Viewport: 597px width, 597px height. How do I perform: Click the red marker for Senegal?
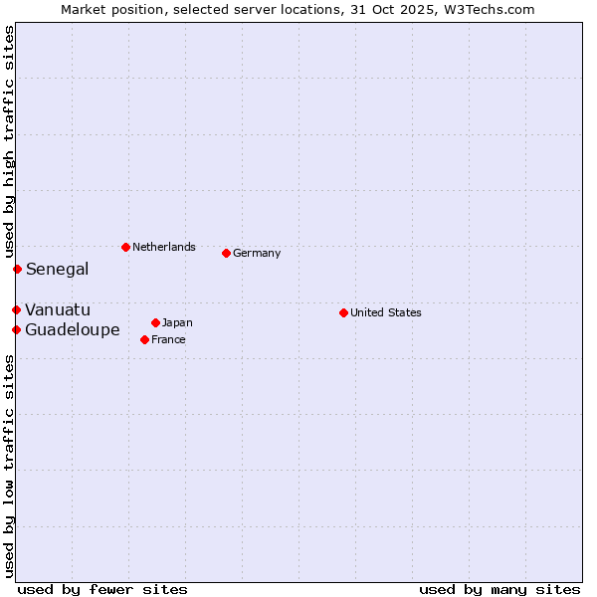(x=17, y=269)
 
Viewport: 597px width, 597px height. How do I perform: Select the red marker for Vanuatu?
(x=16, y=309)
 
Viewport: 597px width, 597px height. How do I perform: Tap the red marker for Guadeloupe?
(x=16, y=329)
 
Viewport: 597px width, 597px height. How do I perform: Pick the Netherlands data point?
(x=125, y=247)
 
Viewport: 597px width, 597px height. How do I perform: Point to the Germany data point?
(x=226, y=253)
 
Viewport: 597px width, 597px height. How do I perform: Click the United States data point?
(x=343, y=312)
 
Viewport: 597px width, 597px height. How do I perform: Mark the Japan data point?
(x=155, y=322)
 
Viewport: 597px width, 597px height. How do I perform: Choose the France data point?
(x=144, y=339)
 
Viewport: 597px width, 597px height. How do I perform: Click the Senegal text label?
(x=57, y=269)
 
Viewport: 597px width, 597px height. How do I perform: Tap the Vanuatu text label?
(x=58, y=309)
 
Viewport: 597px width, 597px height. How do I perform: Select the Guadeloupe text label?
(x=73, y=329)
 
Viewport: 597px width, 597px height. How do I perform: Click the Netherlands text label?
(x=164, y=247)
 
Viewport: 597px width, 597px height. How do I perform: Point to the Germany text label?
(x=257, y=253)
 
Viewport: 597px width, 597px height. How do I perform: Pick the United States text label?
(x=386, y=312)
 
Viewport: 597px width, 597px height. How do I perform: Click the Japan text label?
(x=177, y=322)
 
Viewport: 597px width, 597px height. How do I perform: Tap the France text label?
(x=168, y=339)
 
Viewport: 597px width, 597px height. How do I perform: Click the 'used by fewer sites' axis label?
(x=102, y=589)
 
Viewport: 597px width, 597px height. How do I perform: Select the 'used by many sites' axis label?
(x=499, y=589)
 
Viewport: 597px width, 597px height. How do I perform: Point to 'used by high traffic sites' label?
(x=9, y=139)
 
